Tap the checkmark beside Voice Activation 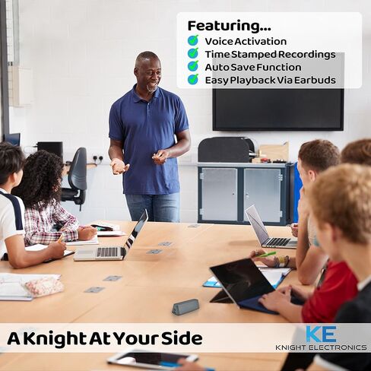[x=193, y=41]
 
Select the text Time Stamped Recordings [x=269, y=54]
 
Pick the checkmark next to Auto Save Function [x=193, y=67]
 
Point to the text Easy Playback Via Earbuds [x=270, y=80]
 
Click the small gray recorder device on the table [x=185, y=306]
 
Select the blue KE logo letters [x=320, y=334]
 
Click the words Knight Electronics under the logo [x=321, y=347]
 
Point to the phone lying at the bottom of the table [x=152, y=360]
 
